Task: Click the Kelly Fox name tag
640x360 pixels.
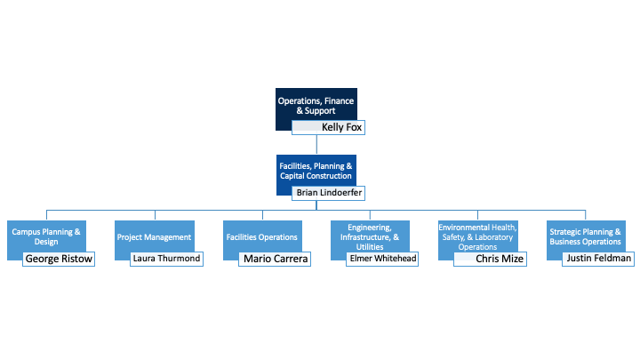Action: click(x=328, y=127)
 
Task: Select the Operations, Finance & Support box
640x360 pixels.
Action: click(x=316, y=102)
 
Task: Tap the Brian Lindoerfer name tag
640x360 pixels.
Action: click(x=329, y=192)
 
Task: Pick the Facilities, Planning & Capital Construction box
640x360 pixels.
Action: click(x=316, y=169)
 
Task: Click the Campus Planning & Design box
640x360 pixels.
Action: click(x=46, y=236)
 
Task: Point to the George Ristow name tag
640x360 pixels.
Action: click(x=58, y=259)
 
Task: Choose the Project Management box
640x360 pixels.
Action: click(x=154, y=236)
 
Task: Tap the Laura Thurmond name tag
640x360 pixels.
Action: click(x=166, y=259)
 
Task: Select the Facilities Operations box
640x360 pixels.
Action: click(x=262, y=236)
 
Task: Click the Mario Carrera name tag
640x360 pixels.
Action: click(x=275, y=259)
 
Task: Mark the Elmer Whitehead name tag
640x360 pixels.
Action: click(x=382, y=259)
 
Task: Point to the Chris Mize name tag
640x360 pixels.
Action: click(x=490, y=259)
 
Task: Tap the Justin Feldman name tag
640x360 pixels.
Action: click(x=598, y=259)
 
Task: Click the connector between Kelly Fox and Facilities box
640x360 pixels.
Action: click(x=316, y=145)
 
